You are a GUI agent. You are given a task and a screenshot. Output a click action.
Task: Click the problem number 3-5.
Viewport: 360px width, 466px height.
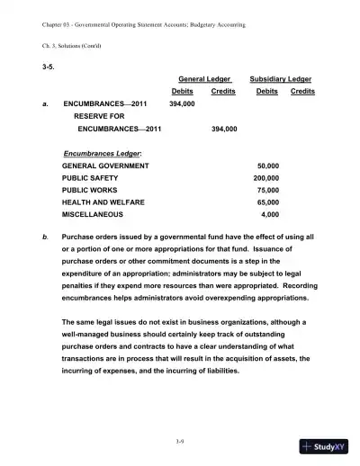point(49,67)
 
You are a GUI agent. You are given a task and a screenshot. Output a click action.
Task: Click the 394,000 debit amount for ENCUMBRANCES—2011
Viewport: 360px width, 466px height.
point(182,103)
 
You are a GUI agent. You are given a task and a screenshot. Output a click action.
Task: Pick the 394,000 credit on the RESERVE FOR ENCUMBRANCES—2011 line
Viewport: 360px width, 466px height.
point(223,129)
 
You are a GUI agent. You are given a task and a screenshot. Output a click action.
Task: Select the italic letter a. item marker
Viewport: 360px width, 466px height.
point(46,103)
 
